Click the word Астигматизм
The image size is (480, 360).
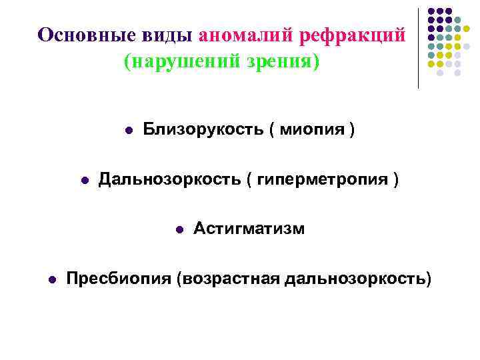[249, 229]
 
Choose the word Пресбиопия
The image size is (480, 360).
[120, 278]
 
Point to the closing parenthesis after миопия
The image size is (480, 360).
[351, 129]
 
